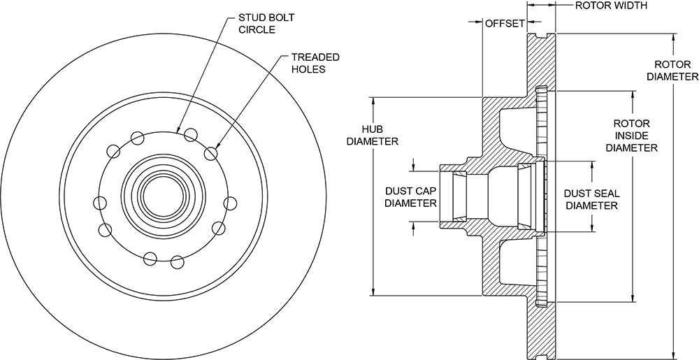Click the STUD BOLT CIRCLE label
(266, 24)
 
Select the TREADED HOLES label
(315, 63)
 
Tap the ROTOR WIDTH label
(611, 6)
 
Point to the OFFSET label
(505, 23)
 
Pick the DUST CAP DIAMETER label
(410, 197)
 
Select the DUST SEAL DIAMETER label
(591, 200)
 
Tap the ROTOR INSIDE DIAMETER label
(632, 136)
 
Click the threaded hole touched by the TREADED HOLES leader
(211, 153)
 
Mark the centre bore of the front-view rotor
(163, 195)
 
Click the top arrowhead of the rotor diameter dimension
(673, 38)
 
